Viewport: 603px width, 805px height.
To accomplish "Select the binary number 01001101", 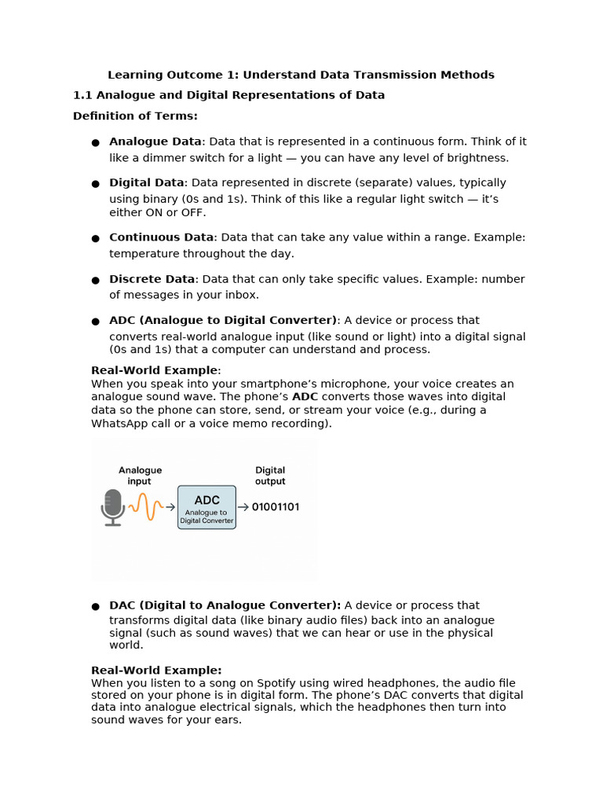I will click(x=275, y=507).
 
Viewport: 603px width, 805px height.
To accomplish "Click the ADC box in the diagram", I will click(x=206, y=507).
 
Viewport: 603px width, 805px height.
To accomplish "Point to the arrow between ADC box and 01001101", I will click(x=243, y=507).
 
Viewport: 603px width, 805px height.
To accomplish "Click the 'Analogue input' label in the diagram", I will click(x=141, y=476).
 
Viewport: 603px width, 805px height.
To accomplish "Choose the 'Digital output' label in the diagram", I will click(x=270, y=476).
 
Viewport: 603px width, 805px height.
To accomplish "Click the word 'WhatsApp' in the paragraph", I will click(x=119, y=423).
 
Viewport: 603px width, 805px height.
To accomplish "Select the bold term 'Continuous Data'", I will click(x=161, y=237).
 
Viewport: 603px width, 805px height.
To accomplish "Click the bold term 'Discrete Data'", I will click(x=152, y=279).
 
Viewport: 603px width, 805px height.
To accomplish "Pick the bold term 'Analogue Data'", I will click(x=155, y=142).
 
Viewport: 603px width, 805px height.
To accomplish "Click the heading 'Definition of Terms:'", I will click(x=135, y=116).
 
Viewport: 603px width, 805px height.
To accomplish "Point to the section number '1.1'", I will click(x=82, y=95).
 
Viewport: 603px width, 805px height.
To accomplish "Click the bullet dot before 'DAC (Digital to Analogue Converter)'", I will click(x=95, y=606).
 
